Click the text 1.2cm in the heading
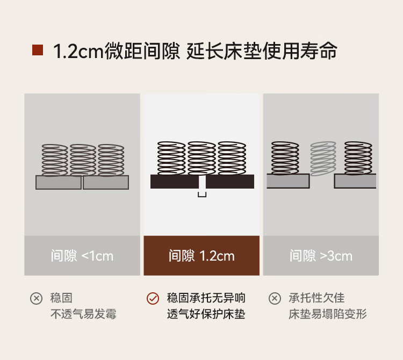(x=76, y=52)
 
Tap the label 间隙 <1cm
(x=82, y=256)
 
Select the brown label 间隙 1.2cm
(x=201, y=256)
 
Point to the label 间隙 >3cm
(x=321, y=256)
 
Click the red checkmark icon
(x=153, y=298)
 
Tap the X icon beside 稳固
(x=36, y=298)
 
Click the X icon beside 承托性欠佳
(x=275, y=298)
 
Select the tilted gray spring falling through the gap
(x=323, y=159)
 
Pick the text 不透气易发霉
(x=83, y=314)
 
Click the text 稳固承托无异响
(x=206, y=298)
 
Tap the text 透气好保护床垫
(x=206, y=314)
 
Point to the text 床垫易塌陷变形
(x=328, y=314)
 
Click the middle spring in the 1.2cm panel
(x=201, y=158)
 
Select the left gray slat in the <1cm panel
(x=59, y=183)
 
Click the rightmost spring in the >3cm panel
(x=358, y=158)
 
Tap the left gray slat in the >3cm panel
(x=288, y=181)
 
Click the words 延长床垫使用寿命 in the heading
(x=262, y=52)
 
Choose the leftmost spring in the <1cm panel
(x=55, y=160)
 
